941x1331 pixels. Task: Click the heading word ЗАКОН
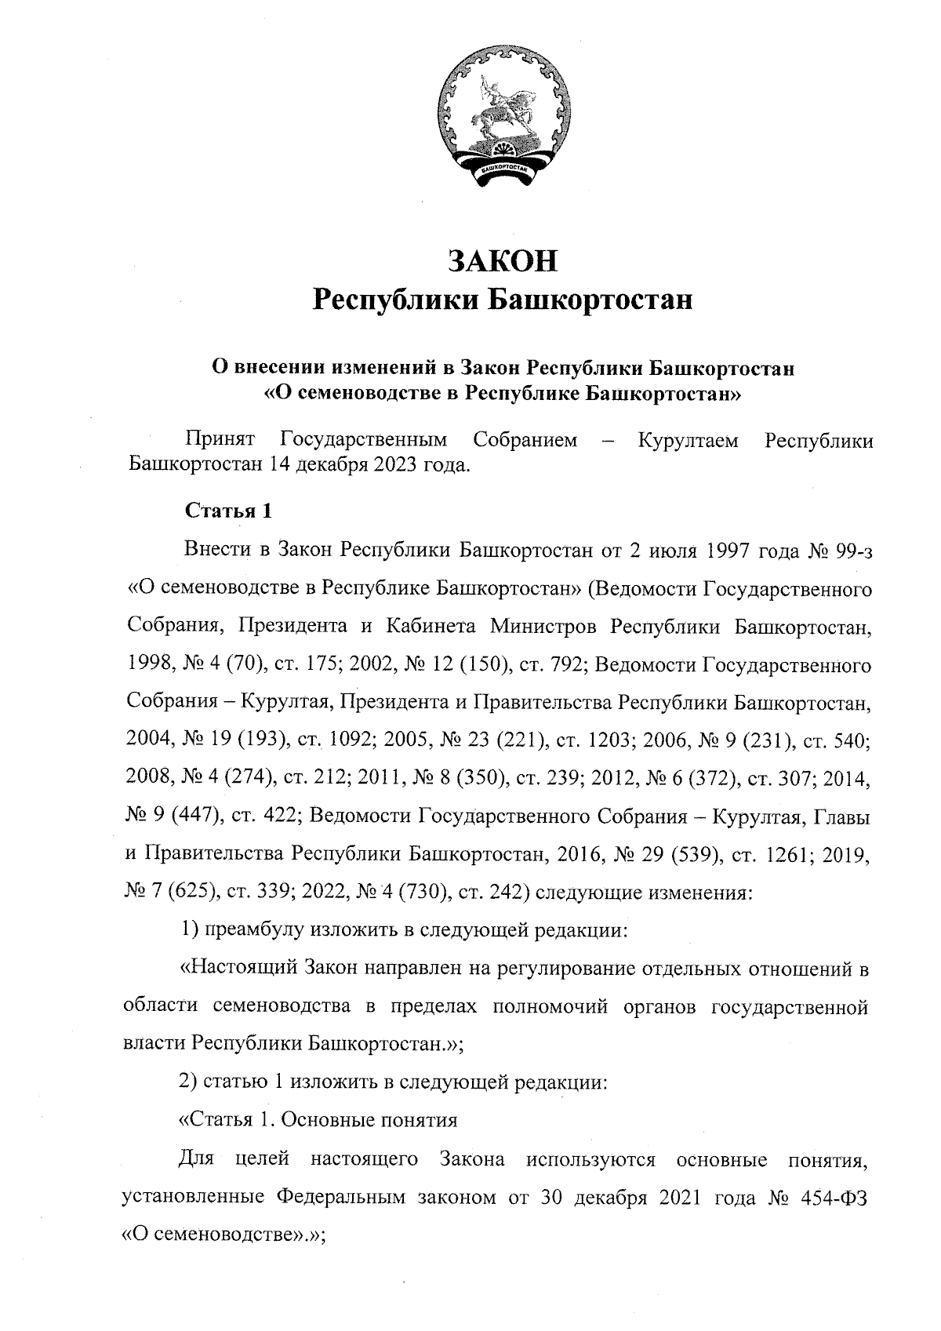click(502, 261)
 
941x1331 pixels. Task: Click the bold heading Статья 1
click(228, 511)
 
